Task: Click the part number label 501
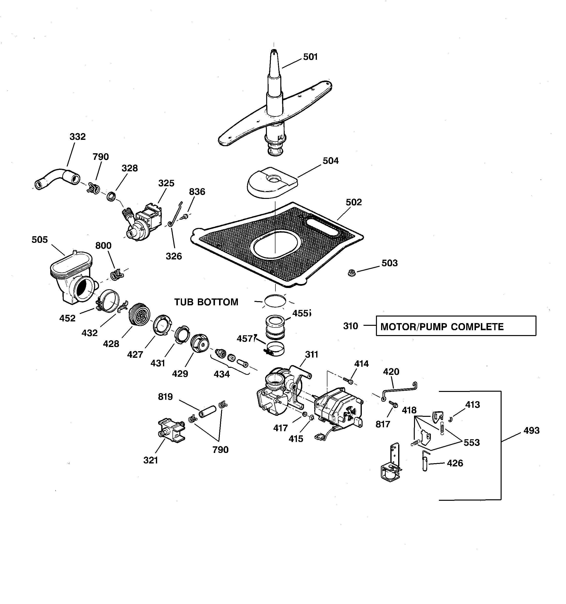pyautogui.click(x=310, y=57)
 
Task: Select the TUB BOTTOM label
pyautogui.click(x=206, y=302)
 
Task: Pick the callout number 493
pyautogui.click(x=531, y=430)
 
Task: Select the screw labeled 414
pyautogui.click(x=348, y=380)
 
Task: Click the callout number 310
pyautogui.click(x=351, y=326)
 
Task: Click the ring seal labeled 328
pyautogui.click(x=111, y=196)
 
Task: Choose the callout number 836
pyautogui.click(x=197, y=192)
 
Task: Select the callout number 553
pyautogui.click(x=472, y=443)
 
